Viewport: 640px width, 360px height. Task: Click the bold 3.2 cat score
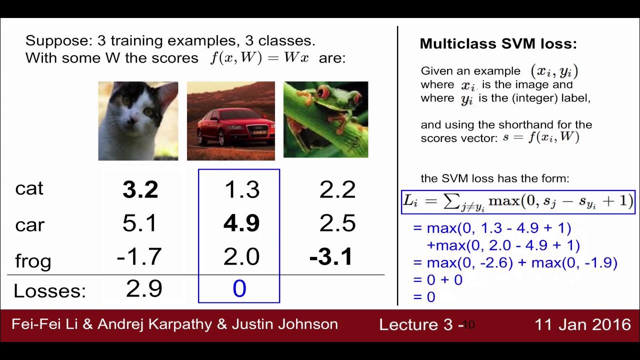click(140, 190)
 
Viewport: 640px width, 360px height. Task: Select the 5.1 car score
click(140, 223)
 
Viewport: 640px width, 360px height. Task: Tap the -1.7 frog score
click(139, 257)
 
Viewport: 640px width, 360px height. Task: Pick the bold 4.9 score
click(241, 223)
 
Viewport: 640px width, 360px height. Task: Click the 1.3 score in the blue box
click(242, 190)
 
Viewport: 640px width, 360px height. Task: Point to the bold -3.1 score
click(331, 257)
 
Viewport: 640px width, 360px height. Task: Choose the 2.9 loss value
click(144, 289)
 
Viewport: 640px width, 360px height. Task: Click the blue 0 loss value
click(239, 289)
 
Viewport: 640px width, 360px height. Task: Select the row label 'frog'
click(33, 260)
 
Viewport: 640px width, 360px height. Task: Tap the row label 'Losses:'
click(49, 290)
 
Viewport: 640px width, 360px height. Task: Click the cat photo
click(138, 121)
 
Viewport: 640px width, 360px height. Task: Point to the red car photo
click(231, 121)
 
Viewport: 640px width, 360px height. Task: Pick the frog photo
click(325, 119)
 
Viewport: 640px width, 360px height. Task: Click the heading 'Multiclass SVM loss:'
click(498, 44)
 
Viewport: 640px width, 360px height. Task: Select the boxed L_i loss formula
click(518, 201)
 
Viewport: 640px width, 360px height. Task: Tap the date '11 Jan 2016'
click(583, 324)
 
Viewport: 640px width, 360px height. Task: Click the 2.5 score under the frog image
click(337, 223)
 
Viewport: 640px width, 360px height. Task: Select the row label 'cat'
click(29, 188)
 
